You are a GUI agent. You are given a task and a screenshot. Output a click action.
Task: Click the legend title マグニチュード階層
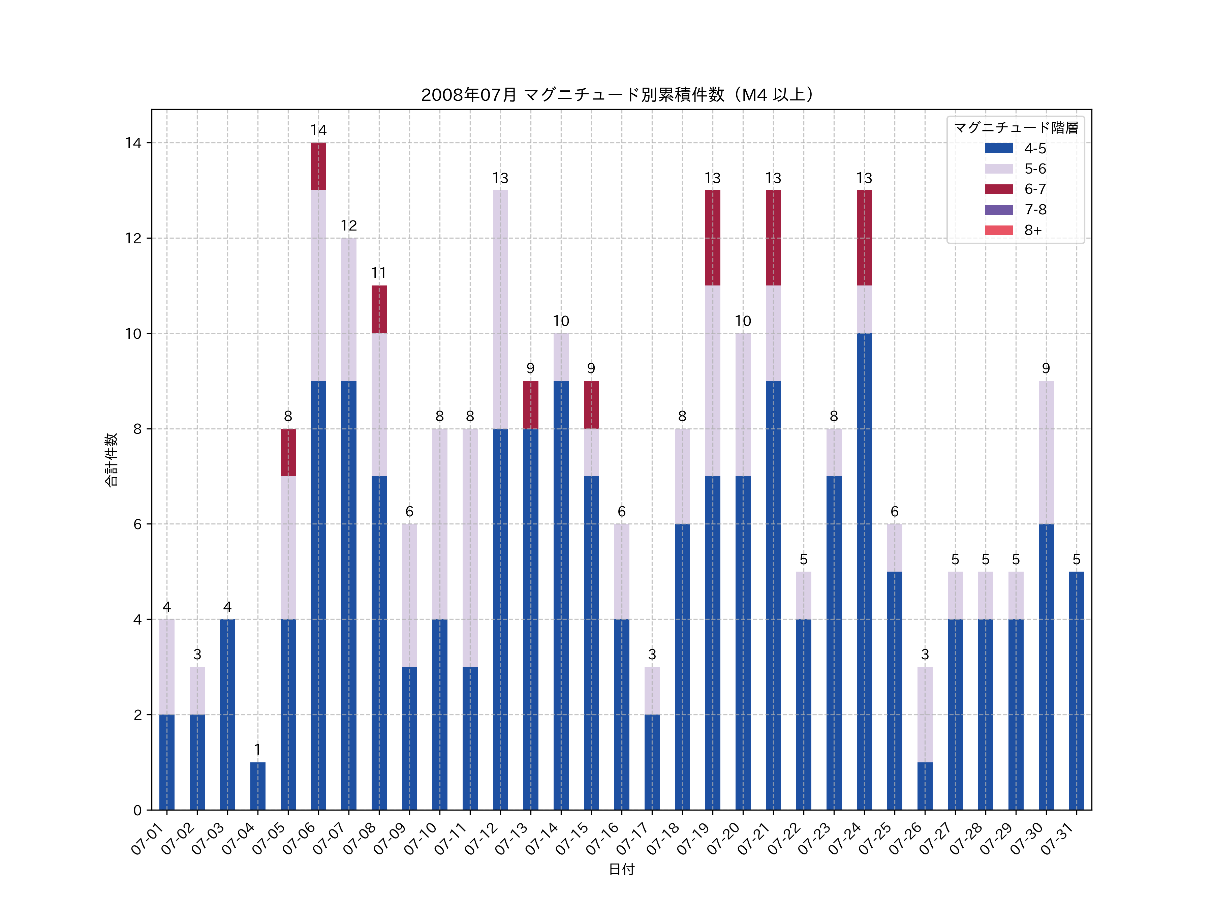click(x=1016, y=128)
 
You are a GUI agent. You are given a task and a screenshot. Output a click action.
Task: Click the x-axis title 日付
click(x=621, y=869)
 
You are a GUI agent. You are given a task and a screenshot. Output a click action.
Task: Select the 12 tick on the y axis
click(x=133, y=238)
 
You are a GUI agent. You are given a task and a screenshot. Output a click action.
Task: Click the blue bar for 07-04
click(x=258, y=786)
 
